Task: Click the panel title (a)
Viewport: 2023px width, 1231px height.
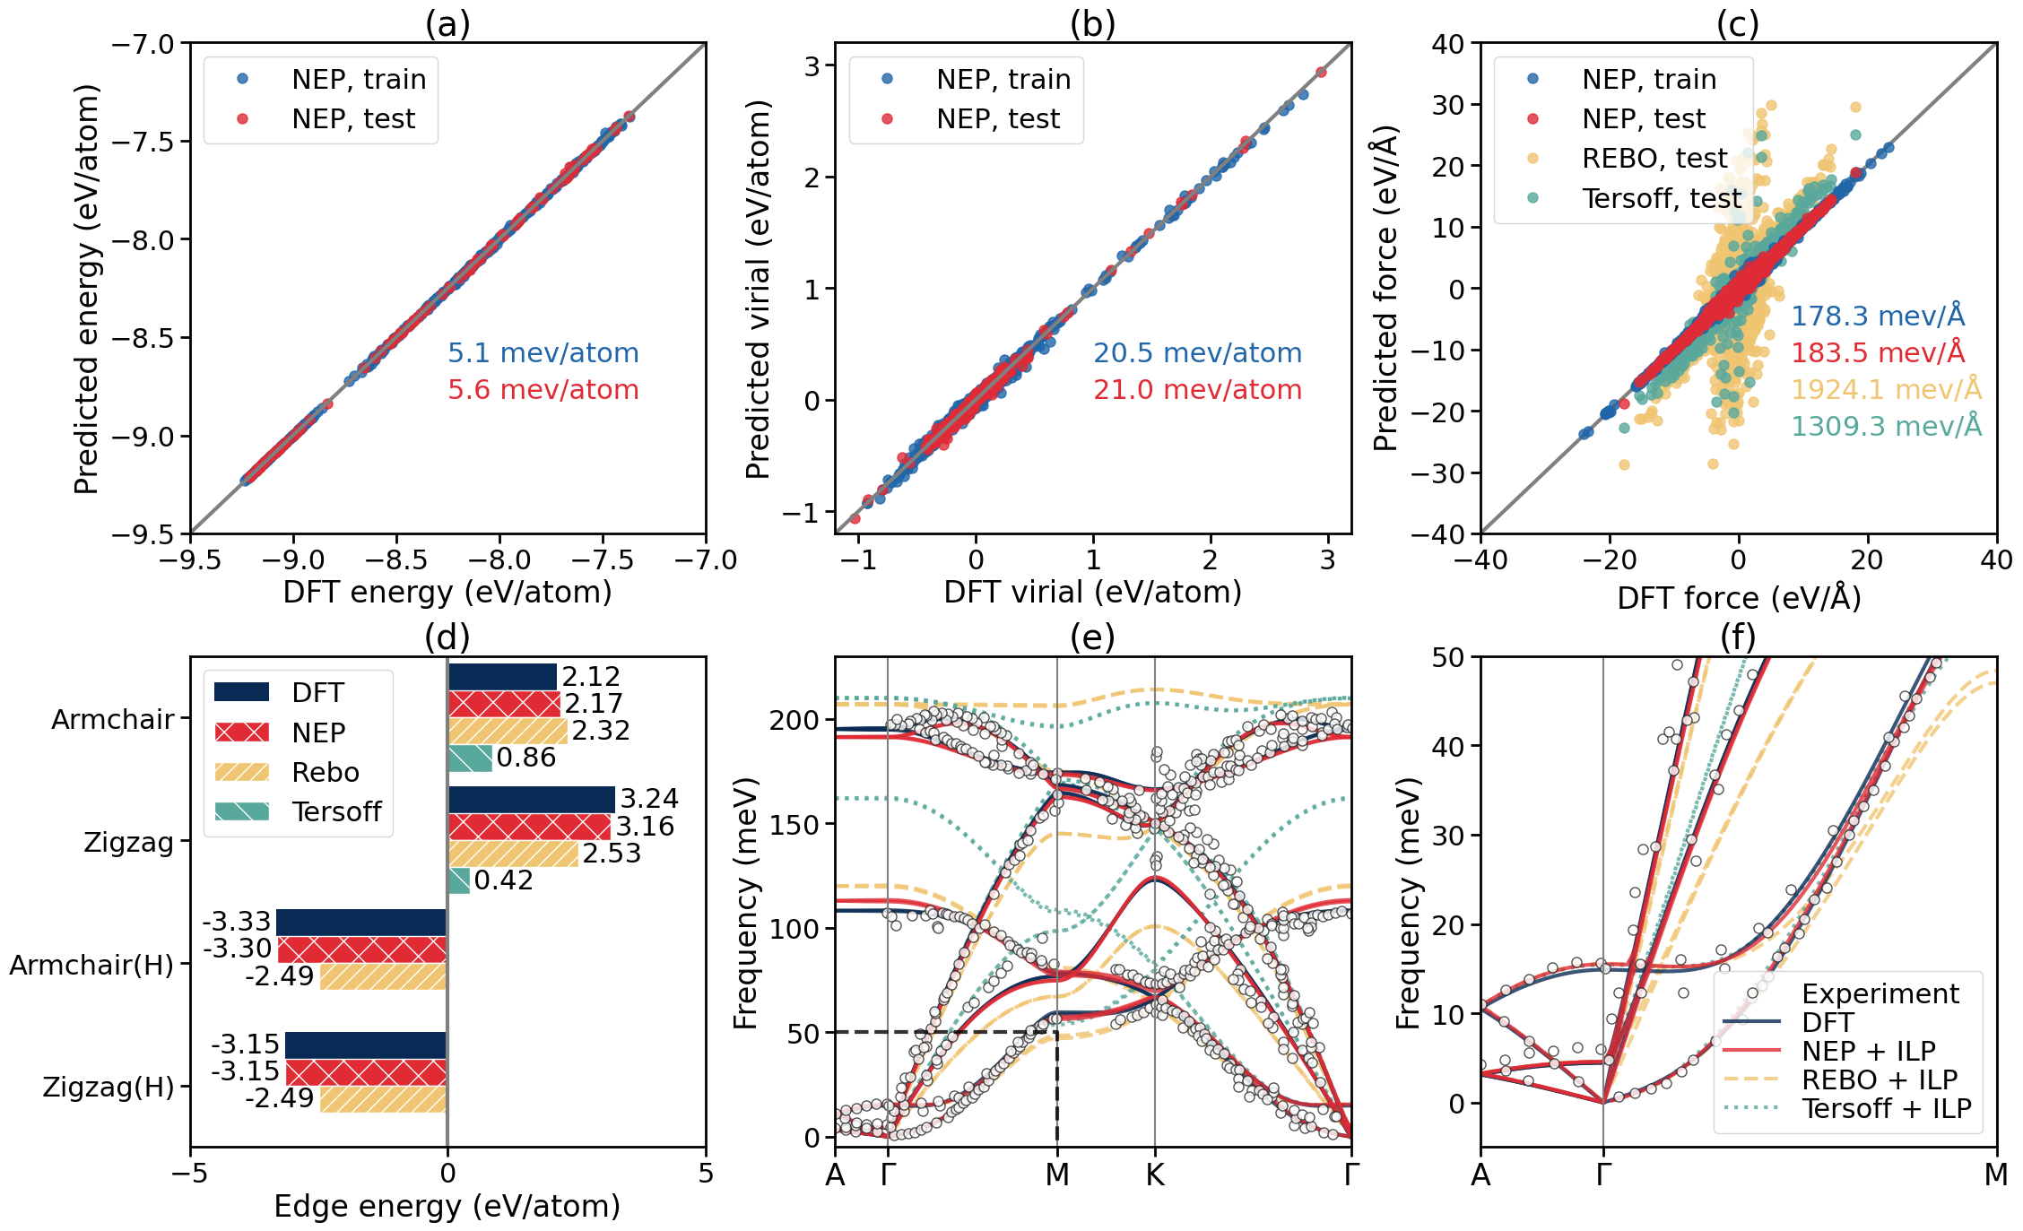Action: [447, 24]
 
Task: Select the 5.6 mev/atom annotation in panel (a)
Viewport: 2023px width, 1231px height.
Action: [543, 390]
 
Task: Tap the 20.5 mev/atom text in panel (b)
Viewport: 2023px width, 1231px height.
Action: [1197, 353]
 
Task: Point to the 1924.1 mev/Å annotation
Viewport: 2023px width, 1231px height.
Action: [1886, 390]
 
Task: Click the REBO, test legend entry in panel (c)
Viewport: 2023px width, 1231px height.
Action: [1654, 159]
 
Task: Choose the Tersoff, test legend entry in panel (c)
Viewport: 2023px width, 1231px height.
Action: [1661, 198]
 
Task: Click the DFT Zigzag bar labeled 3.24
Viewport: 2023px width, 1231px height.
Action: [532, 799]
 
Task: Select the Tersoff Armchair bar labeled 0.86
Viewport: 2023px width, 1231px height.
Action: [470, 759]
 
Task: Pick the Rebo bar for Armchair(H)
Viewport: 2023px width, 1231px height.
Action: [383, 976]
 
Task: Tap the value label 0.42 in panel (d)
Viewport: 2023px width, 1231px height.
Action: [503, 880]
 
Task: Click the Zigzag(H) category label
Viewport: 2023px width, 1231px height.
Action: [109, 1088]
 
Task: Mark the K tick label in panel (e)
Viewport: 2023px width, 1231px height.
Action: [1154, 1175]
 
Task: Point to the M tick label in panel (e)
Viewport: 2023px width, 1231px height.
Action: [1057, 1175]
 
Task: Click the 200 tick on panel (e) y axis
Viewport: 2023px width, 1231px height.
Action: [794, 720]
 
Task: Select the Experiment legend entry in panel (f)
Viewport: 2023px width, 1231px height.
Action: [1880, 993]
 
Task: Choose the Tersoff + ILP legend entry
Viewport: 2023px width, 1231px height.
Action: [1886, 1108]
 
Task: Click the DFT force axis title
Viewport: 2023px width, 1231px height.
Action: [1738, 598]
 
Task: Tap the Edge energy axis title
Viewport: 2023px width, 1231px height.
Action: [447, 1207]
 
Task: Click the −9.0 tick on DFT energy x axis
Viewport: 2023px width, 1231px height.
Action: [293, 560]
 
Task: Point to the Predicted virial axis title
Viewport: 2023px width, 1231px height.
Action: [759, 289]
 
